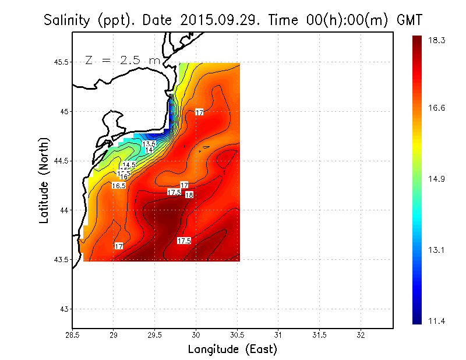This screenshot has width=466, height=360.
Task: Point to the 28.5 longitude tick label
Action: click(72, 335)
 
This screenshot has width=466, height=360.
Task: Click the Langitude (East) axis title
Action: click(232, 350)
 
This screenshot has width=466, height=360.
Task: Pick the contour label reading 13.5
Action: click(149, 144)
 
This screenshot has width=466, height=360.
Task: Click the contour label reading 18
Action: click(189, 195)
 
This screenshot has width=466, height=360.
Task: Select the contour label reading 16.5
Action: click(119, 185)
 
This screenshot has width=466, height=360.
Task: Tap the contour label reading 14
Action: click(149, 150)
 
